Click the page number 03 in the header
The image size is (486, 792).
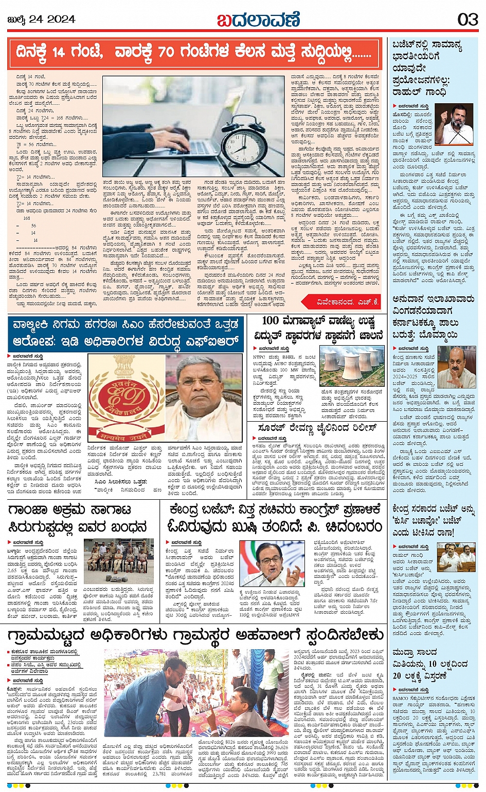point(467,20)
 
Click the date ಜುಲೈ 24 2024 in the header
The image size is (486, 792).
point(42,20)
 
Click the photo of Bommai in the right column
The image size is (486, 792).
point(456,368)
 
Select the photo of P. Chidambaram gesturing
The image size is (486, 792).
point(272,564)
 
